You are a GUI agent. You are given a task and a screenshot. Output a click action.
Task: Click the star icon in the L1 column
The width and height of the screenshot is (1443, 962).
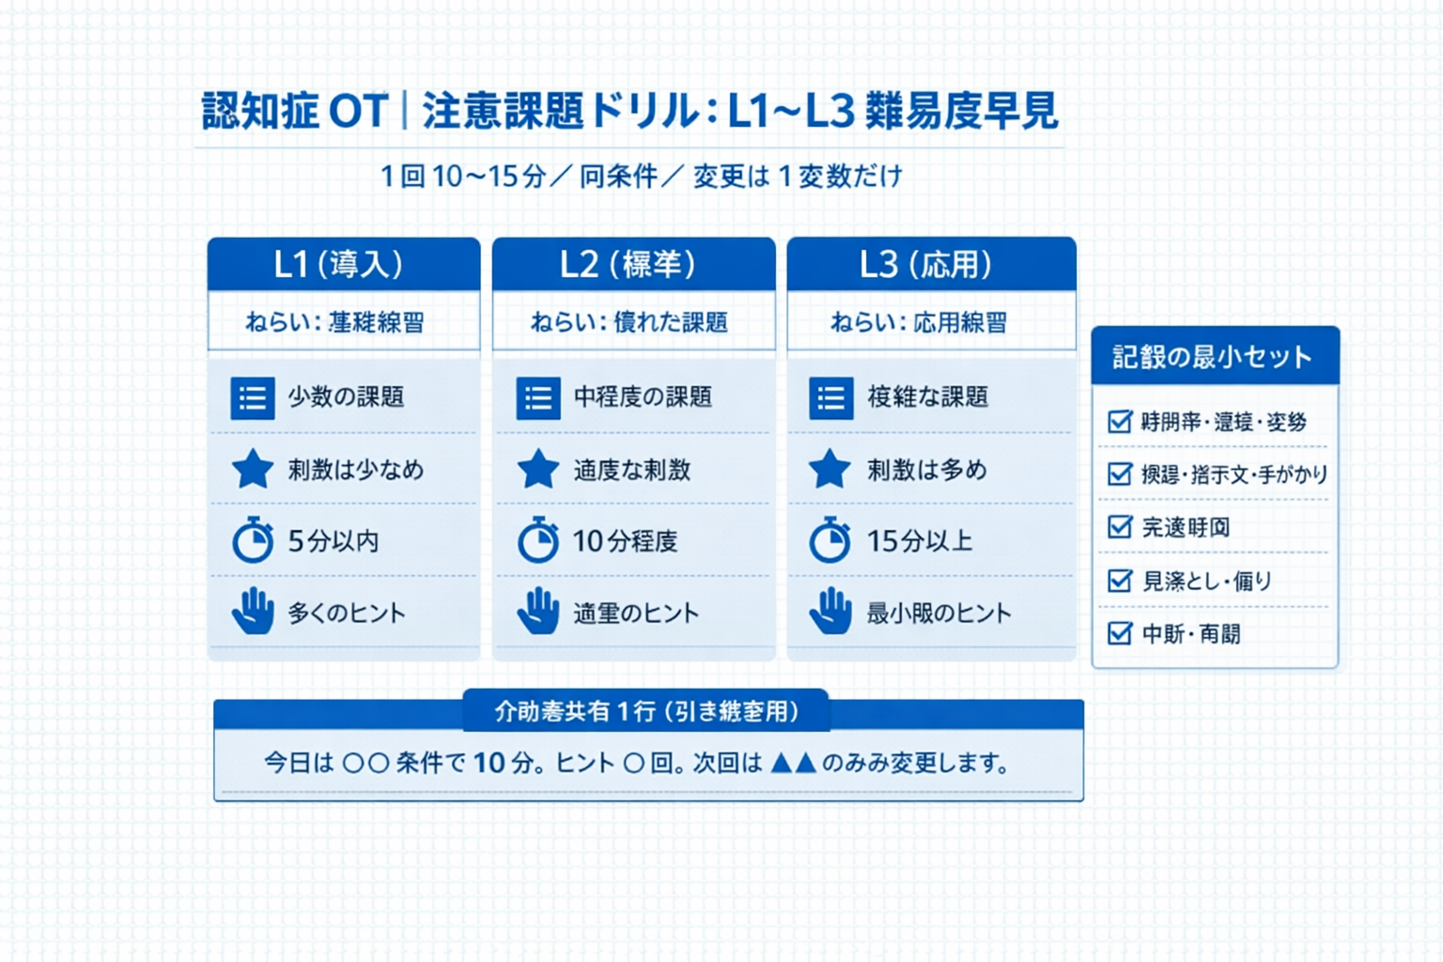pyautogui.click(x=253, y=470)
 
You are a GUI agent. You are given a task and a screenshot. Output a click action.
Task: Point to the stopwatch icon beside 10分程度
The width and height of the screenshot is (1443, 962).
pyautogui.click(x=538, y=541)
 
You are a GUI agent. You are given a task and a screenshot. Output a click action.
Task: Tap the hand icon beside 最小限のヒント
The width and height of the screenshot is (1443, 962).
pyautogui.click(x=830, y=612)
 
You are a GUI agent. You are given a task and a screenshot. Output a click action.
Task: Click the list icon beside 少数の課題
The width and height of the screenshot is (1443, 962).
pyautogui.click(x=253, y=397)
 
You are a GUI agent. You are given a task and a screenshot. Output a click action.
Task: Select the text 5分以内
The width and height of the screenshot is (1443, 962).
pyautogui.click(x=334, y=541)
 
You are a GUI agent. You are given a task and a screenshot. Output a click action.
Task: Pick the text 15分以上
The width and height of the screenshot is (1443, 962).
pyautogui.click(x=919, y=541)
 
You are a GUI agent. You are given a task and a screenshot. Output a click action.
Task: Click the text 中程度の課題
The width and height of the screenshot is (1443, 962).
pyautogui.click(x=643, y=397)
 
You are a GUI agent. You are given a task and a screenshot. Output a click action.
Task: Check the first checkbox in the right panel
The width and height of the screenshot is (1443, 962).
pyautogui.click(x=1119, y=422)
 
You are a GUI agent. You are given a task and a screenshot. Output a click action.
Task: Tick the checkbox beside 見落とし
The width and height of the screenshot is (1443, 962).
pyautogui.click(x=1119, y=581)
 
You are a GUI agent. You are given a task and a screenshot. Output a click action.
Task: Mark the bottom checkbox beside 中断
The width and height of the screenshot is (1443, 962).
pyautogui.click(x=1119, y=634)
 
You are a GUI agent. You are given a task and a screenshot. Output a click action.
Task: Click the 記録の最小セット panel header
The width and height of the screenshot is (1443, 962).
pyautogui.click(x=1214, y=356)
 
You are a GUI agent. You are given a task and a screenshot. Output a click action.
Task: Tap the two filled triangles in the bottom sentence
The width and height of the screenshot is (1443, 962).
pyautogui.click(x=793, y=763)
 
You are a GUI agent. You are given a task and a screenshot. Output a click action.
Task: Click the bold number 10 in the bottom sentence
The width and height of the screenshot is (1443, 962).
pyautogui.click(x=489, y=763)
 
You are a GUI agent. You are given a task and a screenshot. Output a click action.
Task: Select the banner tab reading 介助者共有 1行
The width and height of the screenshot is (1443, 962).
pyautogui.click(x=646, y=711)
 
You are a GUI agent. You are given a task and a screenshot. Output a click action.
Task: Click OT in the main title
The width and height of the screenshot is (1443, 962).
pyautogui.click(x=358, y=112)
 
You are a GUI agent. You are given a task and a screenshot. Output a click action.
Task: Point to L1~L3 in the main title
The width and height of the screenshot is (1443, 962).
pyautogui.click(x=791, y=112)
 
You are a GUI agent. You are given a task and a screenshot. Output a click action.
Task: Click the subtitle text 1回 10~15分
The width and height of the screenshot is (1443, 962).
pyautogui.click(x=463, y=177)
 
